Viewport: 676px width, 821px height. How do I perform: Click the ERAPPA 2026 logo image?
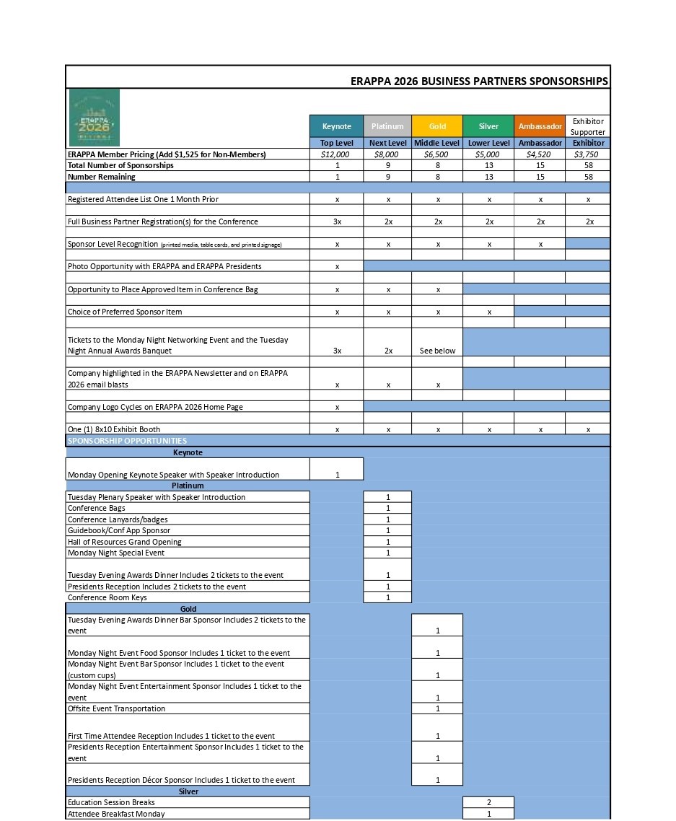click(94, 118)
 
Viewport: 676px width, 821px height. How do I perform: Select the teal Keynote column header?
click(336, 126)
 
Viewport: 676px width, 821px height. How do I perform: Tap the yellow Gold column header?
click(437, 126)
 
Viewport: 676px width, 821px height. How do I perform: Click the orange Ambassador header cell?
click(540, 126)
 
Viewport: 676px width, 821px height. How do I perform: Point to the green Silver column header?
click(488, 126)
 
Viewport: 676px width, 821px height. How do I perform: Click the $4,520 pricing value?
click(540, 154)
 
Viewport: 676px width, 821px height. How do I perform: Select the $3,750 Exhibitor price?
click(588, 154)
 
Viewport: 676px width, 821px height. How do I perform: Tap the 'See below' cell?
click(437, 351)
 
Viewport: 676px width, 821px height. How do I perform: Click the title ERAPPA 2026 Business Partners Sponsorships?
click(479, 82)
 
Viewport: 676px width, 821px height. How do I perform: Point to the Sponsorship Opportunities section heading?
click(127, 441)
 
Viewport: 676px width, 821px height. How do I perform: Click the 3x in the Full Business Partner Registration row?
click(337, 221)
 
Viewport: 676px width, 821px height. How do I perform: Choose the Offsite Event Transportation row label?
click(116, 708)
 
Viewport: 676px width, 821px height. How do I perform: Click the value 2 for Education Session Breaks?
click(488, 802)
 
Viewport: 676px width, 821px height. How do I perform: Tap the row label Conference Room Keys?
click(107, 597)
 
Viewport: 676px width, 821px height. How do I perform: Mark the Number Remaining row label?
click(102, 177)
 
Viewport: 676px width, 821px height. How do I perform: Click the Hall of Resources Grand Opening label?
click(125, 542)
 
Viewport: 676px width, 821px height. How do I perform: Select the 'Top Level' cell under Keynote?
click(336, 143)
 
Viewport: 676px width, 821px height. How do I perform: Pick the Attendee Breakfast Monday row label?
click(116, 814)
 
